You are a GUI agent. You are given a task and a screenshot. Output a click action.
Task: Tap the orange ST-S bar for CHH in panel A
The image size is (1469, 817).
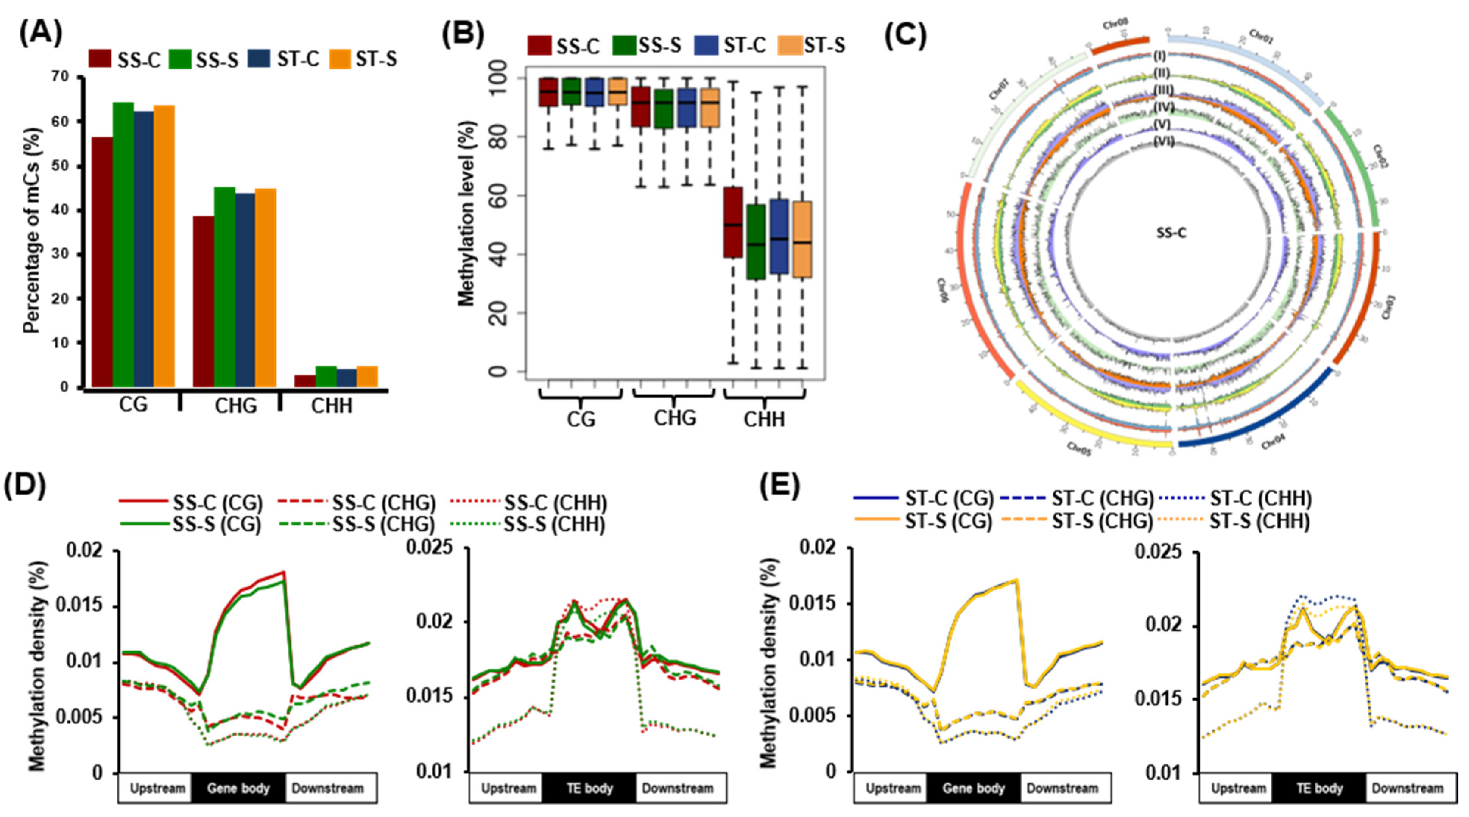click(x=367, y=376)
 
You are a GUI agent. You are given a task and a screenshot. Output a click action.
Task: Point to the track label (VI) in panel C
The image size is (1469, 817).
click(x=1163, y=142)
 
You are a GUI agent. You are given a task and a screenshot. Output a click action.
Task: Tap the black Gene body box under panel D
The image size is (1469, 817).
click(x=238, y=789)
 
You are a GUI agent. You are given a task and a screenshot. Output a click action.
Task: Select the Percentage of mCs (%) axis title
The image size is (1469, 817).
click(x=33, y=231)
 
